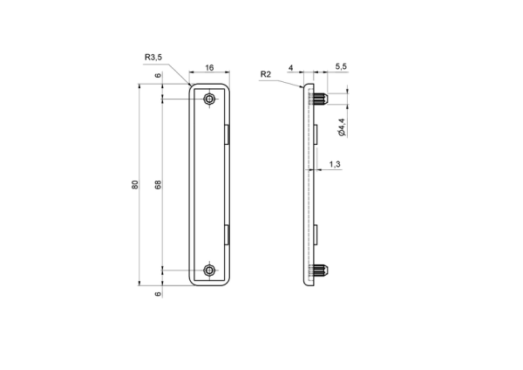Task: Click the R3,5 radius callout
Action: [x=153, y=57]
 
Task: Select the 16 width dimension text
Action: [x=209, y=68]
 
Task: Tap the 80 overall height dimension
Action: [x=135, y=185]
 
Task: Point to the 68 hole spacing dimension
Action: [x=158, y=185]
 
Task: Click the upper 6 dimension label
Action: [x=158, y=75]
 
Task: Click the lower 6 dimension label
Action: [x=158, y=294]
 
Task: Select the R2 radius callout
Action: [x=266, y=74]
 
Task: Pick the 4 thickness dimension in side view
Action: [x=290, y=68]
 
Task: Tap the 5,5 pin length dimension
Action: [x=341, y=66]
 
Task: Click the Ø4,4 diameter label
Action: [x=342, y=127]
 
